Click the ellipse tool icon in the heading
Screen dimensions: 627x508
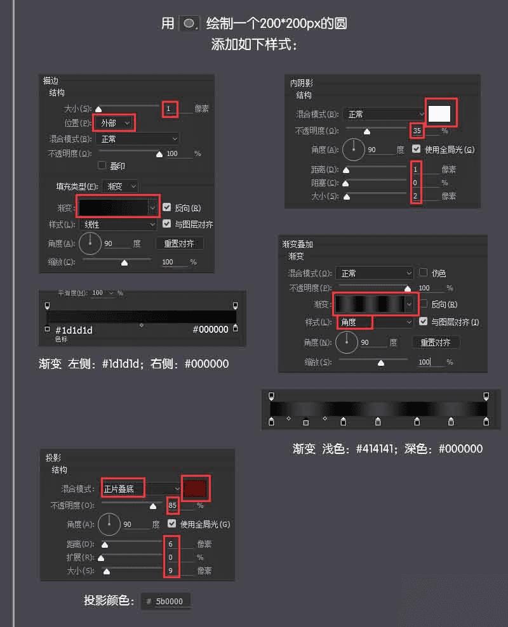(189, 23)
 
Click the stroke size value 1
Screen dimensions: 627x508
(169, 108)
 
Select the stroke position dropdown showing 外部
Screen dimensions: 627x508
(114, 122)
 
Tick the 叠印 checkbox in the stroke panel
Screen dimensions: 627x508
(102, 165)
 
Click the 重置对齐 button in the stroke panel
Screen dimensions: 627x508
(179, 243)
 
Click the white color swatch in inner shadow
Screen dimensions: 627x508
(439, 113)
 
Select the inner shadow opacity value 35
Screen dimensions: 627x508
(417, 131)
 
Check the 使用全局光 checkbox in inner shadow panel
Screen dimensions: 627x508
(417, 150)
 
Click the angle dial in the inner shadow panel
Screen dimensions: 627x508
(354, 150)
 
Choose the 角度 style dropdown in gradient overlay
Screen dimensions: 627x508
(374, 322)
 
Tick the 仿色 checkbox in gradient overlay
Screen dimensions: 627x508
(424, 273)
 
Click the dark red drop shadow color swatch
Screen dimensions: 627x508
(195, 488)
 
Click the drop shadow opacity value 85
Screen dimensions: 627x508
(172, 505)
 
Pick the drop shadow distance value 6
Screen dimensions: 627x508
(170, 544)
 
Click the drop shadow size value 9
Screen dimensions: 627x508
(170, 571)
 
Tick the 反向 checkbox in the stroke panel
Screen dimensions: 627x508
(166, 207)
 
